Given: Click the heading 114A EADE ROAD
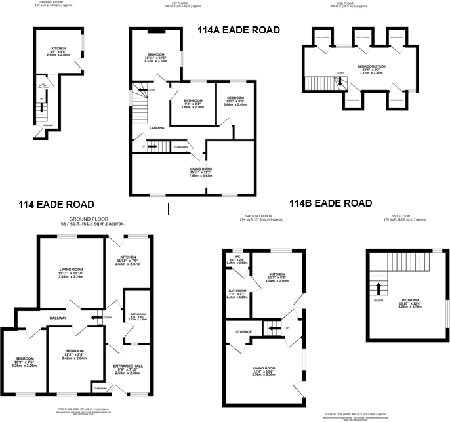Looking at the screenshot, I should (x=239, y=30).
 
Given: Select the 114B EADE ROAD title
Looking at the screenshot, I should (x=331, y=203).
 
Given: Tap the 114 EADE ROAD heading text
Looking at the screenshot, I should (x=56, y=205).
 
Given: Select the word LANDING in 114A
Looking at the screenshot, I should (x=157, y=128).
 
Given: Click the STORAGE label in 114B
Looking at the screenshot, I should (x=243, y=332).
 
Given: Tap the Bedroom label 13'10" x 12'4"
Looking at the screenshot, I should (x=408, y=301).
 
